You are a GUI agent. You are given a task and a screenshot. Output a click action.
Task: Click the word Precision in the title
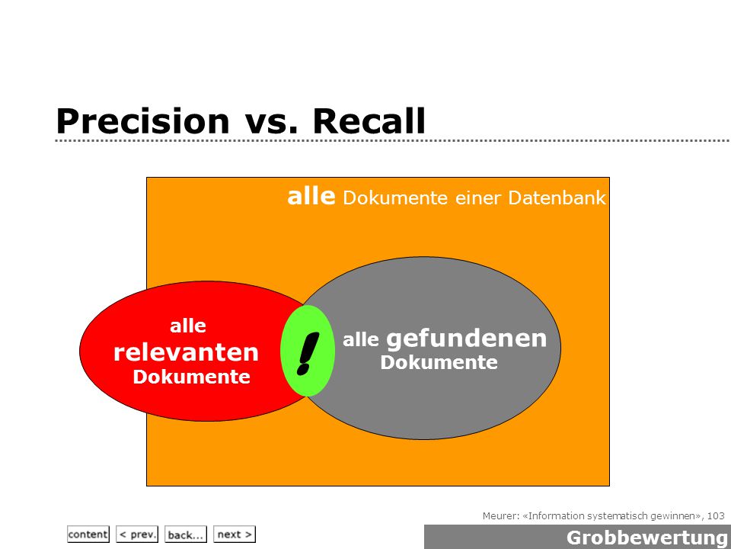coord(142,121)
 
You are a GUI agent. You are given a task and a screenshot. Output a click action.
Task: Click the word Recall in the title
coord(369,121)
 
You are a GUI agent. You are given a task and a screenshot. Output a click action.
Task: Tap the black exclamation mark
coord(308,353)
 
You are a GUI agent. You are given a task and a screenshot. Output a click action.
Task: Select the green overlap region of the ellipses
coord(308,351)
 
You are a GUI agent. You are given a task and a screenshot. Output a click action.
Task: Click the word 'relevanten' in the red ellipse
coord(186,352)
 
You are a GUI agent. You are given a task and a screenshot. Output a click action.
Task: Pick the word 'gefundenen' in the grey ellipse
coord(466,338)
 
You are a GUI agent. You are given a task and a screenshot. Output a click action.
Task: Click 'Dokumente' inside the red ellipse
coord(192,377)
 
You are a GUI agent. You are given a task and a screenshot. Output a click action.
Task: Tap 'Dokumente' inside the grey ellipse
coord(439,362)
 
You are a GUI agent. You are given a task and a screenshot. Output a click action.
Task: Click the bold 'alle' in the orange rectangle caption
coord(311,196)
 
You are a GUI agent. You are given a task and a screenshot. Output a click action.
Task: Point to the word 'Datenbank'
coord(557,198)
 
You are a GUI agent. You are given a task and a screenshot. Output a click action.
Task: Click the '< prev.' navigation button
coord(137,534)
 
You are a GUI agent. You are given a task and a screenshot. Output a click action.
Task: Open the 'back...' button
coord(186,534)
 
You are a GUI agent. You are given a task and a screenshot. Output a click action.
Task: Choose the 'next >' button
coord(235,534)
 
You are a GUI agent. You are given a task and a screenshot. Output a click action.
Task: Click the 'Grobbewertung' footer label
coord(647,538)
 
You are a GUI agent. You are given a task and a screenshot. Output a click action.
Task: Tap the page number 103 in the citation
coord(716,516)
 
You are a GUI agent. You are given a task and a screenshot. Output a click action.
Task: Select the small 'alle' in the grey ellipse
coord(361,340)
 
